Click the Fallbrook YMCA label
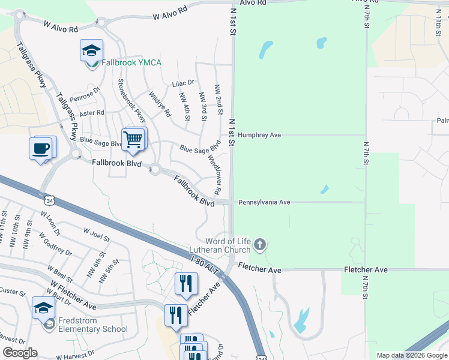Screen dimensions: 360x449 tap(130, 63)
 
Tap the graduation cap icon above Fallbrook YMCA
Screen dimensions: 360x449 tap(91, 50)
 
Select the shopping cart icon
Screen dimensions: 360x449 tap(134, 139)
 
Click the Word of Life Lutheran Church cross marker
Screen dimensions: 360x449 tap(259, 244)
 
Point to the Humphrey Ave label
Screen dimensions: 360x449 tap(259, 136)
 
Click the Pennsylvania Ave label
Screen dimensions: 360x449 tap(264, 203)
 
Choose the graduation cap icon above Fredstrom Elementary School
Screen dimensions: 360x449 tap(43, 308)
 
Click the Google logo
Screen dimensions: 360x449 tap(20, 353)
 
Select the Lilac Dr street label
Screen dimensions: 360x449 tap(183, 83)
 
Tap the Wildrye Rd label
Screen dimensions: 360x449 tap(160, 104)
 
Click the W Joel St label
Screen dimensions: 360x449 tap(97, 234)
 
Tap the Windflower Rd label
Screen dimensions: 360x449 tap(214, 175)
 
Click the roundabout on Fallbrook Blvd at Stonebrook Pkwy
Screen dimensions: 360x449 tap(155, 170)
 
